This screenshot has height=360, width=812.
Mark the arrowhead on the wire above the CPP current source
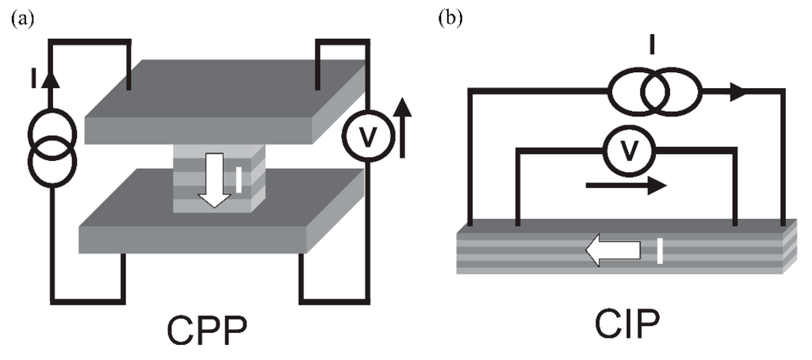pos(52,79)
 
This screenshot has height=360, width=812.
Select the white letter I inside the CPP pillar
pos(237,182)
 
